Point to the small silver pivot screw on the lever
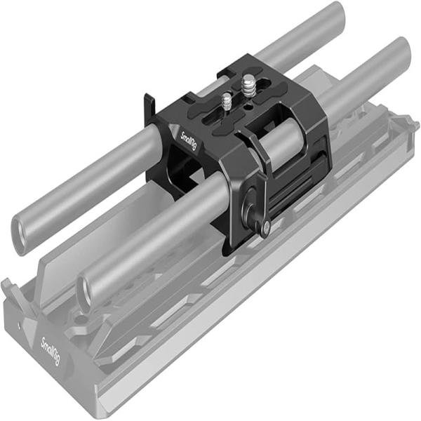click(265, 226)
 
